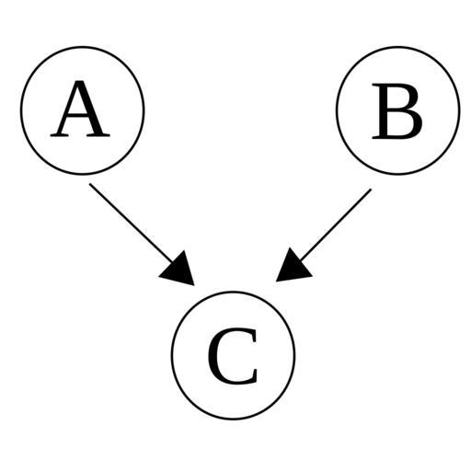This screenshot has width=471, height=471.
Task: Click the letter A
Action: [80, 109]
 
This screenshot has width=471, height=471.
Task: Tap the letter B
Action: [397, 111]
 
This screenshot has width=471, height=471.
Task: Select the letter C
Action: [233, 356]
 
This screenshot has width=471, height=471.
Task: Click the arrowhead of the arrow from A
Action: [179, 270]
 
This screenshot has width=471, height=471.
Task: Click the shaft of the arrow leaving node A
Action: [132, 224]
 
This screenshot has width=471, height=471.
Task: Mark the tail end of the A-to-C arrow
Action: [89, 184]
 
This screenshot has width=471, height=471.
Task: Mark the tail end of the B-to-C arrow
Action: [371, 190]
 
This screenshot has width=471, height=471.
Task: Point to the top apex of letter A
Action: [80, 82]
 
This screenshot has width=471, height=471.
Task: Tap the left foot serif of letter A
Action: [59, 135]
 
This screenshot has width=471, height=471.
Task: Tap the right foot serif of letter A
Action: [98, 135]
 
